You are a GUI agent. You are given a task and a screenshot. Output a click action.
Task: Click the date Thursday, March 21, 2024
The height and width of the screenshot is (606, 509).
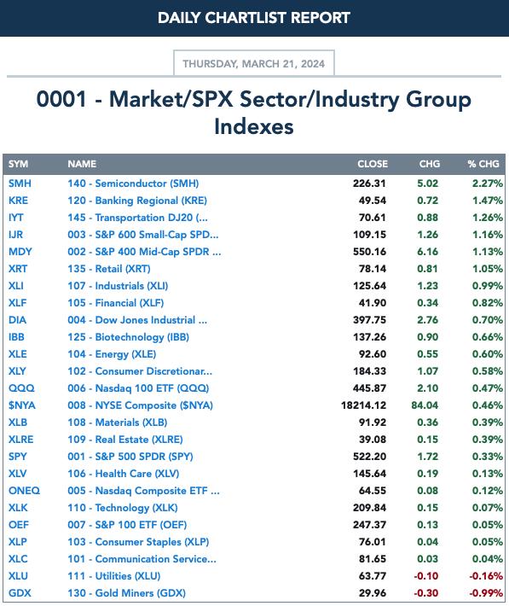tap(254, 63)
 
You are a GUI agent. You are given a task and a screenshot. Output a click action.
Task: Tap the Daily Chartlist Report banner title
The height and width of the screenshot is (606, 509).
tap(254, 18)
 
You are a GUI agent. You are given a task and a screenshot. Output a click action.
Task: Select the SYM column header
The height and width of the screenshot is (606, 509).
tap(18, 164)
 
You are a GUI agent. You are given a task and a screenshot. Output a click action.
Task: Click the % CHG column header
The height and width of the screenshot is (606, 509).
tap(483, 164)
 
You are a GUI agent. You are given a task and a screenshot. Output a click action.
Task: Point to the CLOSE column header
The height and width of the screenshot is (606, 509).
tap(373, 164)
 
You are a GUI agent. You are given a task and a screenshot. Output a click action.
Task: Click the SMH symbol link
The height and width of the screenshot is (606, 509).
tap(20, 184)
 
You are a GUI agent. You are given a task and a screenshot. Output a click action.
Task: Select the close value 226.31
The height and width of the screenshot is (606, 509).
tap(369, 184)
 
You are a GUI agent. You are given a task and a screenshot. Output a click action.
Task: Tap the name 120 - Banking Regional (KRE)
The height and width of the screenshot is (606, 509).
tap(137, 201)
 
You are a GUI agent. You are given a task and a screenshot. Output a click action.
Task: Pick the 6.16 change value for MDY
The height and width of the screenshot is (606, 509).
tap(427, 252)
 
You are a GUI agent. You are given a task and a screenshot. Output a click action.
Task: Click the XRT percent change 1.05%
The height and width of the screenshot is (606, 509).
tap(488, 269)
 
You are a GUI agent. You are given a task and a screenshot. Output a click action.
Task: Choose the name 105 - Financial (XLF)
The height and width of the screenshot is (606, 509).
tap(115, 303)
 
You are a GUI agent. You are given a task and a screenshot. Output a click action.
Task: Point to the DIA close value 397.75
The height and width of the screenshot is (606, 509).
tap(369, 320)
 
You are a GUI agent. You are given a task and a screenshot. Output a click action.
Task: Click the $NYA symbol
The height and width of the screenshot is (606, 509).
tap(22, 405)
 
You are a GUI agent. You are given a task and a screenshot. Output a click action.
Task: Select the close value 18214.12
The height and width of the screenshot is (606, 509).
tap(363, 405)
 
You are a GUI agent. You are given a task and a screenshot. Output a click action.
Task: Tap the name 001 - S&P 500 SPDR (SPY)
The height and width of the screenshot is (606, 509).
tap(130, 457)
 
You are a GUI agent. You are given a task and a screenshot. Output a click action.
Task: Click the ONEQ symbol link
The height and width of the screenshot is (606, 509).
tap(24, 491)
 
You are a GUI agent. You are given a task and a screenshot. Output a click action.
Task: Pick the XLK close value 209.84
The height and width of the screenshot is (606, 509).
tap(369, 508)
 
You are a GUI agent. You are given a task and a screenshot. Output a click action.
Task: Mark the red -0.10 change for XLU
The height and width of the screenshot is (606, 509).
tap(426, 576)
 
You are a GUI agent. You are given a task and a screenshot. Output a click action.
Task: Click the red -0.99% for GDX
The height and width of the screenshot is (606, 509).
tap(486, 593)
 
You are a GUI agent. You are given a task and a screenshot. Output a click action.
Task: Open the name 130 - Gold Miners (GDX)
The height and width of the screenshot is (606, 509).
tap(126, 593)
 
